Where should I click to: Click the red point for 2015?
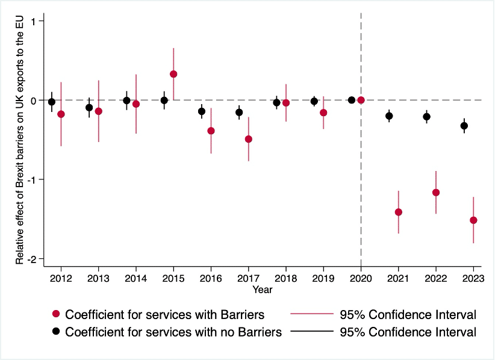point(173,74)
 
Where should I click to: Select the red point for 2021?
point(399,212)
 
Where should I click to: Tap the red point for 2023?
point(473,220)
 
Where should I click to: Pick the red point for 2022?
point(436,193)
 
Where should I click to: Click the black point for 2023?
point(464,126)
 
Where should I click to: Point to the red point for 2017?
point(249,139)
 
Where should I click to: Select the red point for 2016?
point(211,131)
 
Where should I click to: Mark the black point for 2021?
point(389,116)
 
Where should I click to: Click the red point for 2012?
point(61,114)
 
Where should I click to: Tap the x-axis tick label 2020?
point(361,279)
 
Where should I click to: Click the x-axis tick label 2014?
point(135,279)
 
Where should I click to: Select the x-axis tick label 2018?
point(285,279)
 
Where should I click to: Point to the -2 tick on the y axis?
point(33,259)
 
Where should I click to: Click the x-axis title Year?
point(263,290)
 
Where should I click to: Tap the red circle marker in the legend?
point(57,314)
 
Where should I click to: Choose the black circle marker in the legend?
point(57,332)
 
